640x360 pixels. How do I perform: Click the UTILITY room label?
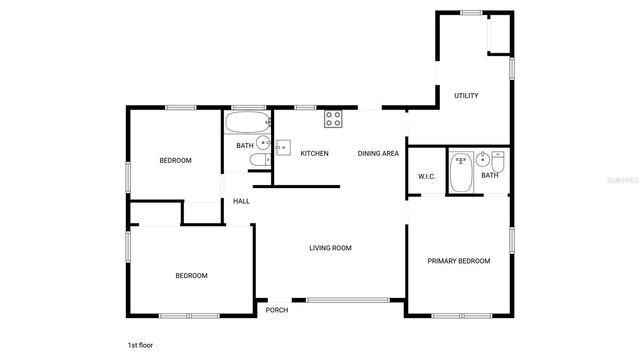(466, 96)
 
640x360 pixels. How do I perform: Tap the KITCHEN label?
(315, 153)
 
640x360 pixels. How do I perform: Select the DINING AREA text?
(379, 153)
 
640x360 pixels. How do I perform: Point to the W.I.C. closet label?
(427, 177)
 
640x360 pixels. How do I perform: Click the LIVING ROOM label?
(330, 248)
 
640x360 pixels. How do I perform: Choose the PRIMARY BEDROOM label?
(459, 261)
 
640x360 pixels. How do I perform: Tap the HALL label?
(241, 201)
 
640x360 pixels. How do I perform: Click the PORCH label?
(277, 310)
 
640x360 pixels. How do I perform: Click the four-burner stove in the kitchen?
(333, 119)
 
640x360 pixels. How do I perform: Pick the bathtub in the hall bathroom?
(246, 124)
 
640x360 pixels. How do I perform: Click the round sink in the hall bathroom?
(262, 143)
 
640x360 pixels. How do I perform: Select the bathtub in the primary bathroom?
(462, 171)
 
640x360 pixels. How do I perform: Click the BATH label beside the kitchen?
(245, 146)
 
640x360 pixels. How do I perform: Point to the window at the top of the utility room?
(471, 12)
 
